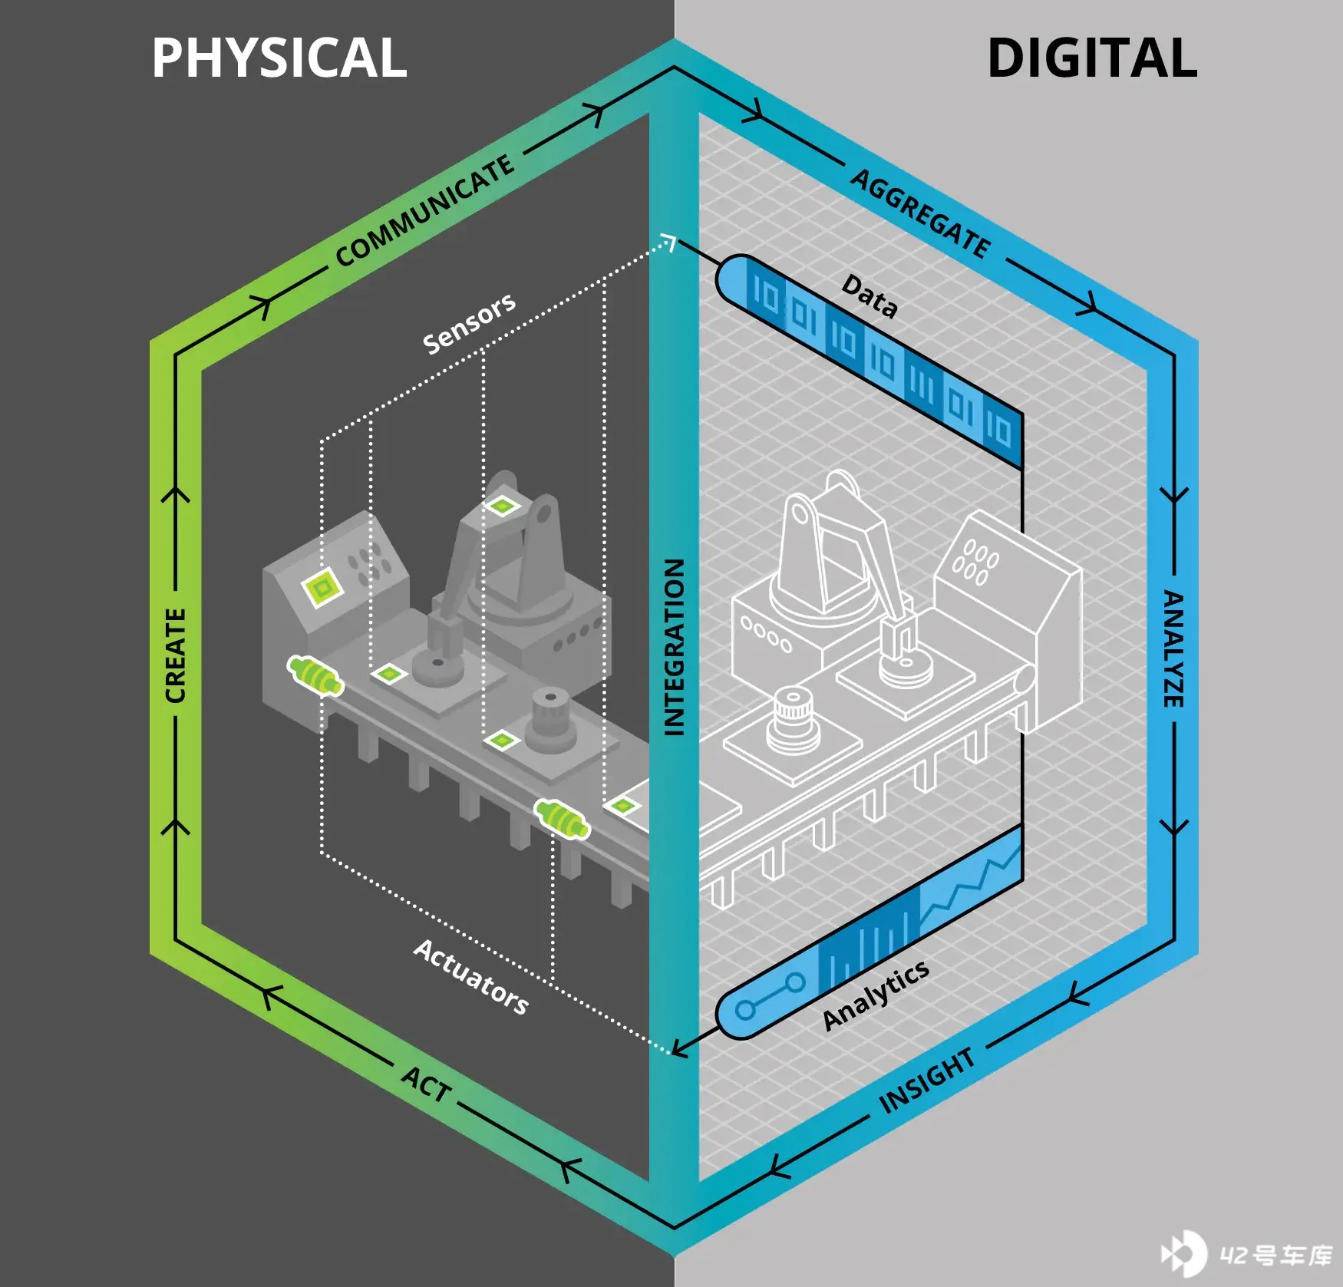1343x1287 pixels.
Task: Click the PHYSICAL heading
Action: pyautogui.click(x=279, y=58)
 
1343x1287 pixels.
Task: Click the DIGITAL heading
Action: pyautogui.click(x=1092, y=58)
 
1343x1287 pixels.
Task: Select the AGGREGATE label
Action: pyautogui.click(x=921, y=213)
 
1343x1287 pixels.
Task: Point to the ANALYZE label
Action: pyautogui.click(x=1173, y=648)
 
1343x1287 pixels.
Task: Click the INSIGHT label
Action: pyautogui.click(x=927, y=1081)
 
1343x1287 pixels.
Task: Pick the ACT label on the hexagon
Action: pyautogui.click(x=426, y=1084)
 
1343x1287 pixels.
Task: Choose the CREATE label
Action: pyautogui.click(x=175, y=655)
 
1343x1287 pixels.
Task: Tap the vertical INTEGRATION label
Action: pyautogui.click(x=673, y=647)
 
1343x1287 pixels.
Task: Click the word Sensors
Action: pyautogui.click(x=469, y=323)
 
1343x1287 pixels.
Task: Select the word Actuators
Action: pyautogui.click(x=471, y=977)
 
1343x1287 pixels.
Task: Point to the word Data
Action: pyautogui.click(x=869, y=296)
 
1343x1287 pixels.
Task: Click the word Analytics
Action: pyautogui.click(x=876, y=995)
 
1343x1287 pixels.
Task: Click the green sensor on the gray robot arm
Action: pyautogui.click(x=501, y=506)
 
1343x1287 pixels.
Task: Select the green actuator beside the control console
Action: pyautogui.click(x=315, y=675)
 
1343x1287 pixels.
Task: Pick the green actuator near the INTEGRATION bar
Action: pyautogui.click(x=563, y=819)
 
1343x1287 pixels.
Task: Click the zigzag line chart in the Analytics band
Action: pyautogui.click(x=972, y=883)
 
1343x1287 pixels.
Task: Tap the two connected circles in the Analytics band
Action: pyautogui.click(x=770, y=996)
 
